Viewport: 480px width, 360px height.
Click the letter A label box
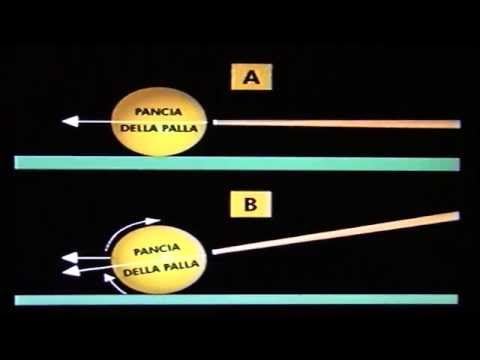pos(247,76)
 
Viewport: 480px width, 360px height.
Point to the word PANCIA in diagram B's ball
pos(161,246)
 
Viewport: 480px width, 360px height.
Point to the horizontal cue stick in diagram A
pos(340,123)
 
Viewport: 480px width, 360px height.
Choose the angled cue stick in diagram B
pos(340,238)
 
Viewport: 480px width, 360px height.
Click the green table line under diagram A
pos(240,162)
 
